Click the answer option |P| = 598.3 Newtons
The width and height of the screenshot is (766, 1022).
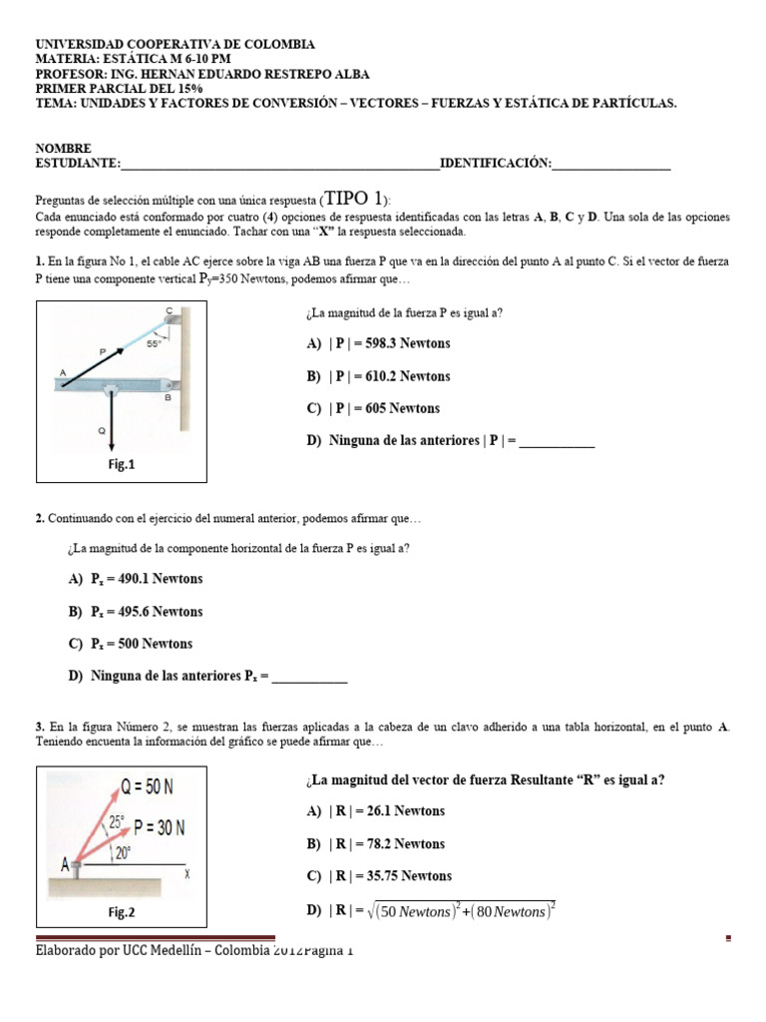pos(378,343)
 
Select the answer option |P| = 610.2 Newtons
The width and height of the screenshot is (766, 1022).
pos(378,376)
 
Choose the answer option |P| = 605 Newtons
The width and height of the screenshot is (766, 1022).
pos(373,408)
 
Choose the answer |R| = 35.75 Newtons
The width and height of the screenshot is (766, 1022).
pos(379,875)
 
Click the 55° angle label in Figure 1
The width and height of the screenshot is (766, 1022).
pos(155,342)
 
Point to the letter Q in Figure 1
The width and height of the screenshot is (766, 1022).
pos(101,431)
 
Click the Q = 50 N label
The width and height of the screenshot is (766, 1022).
pos(148,787)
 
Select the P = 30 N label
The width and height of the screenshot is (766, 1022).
pos(160,827)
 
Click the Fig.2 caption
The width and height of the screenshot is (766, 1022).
pos(121,911)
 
